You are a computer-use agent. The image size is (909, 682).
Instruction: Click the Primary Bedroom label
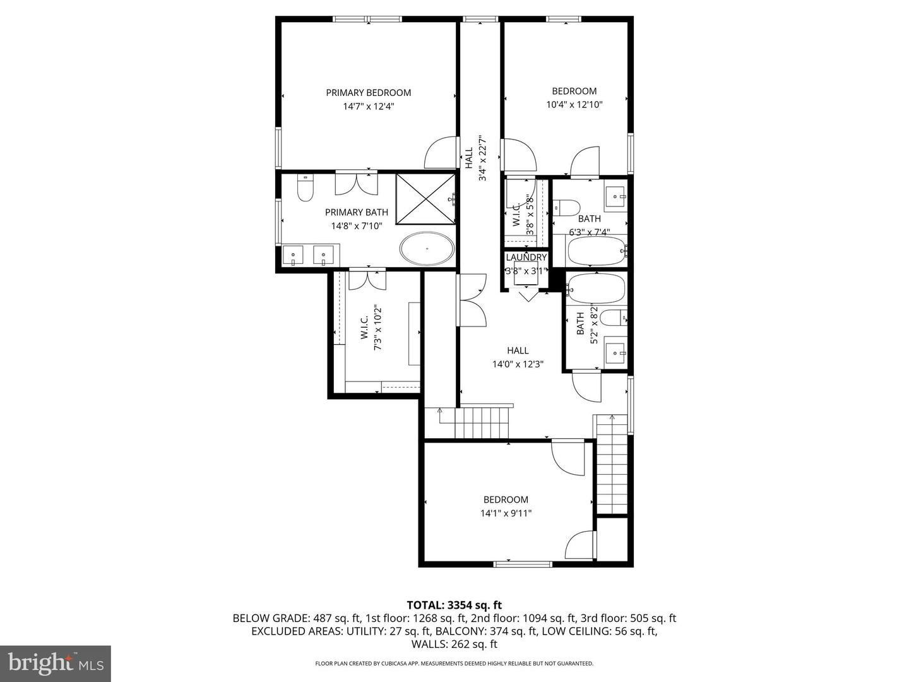coord(368,93)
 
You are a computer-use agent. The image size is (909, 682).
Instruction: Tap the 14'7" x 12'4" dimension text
coord(369,107)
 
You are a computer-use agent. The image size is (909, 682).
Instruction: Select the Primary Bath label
coord(357,212)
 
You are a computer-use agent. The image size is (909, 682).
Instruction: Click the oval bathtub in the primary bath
coord(427,249)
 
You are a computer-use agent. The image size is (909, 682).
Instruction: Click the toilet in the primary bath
coord(305,187)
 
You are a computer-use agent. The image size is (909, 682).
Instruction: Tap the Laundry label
coord(526,258)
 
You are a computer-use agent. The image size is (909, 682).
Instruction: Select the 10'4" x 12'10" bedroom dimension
coord(574,105)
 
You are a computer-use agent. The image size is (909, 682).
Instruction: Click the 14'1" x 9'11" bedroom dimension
coord(506,513)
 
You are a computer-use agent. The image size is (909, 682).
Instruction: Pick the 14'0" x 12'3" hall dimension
coord(518,364)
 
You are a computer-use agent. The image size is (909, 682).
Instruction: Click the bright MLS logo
coord(55,663)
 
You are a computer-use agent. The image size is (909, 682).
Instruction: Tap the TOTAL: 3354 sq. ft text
coord(454,605)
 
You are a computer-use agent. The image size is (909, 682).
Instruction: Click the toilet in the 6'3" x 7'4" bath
coord(566,207)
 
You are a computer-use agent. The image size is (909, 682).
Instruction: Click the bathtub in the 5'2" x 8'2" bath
coord(596,289)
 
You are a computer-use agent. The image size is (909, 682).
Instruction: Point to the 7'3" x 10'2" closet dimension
coord(378,328)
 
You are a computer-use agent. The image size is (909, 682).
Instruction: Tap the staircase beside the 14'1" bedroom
coord(612,464)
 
